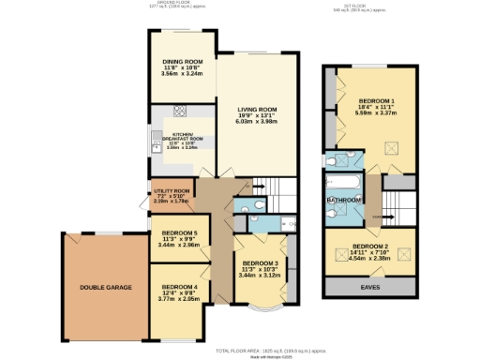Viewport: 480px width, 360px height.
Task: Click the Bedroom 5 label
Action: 178,232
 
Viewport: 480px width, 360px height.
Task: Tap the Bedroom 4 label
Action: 178,286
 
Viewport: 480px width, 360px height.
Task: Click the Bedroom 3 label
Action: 260,263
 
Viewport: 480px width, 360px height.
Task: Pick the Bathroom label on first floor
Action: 344,200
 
